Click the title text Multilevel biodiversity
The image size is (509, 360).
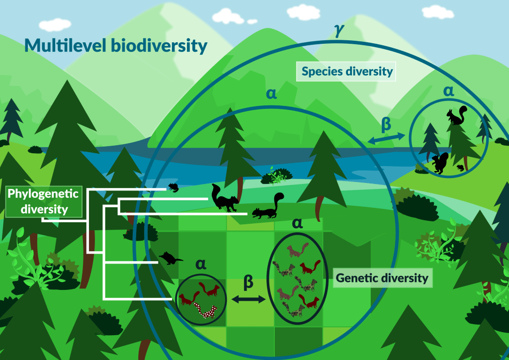(x=115, y=46)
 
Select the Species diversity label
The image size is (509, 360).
(x=345, y=72)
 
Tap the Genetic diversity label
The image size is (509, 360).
(x=382, y=278)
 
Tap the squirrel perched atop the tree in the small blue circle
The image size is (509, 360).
(x=456, y=116)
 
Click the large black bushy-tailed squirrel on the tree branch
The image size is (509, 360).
(x=225, y=198)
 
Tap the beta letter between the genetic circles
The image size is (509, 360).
(x=248, y=282)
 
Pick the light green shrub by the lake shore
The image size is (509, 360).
(x=278, y=175)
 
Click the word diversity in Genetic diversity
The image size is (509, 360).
(x=403, y=278)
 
